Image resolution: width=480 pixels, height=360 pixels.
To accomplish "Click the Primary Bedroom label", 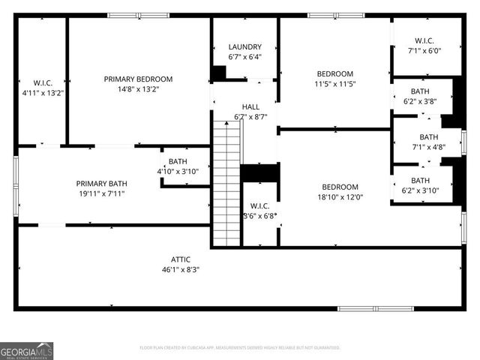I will click(x=138, y=79).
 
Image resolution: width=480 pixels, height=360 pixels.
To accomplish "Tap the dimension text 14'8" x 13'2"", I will click(x=138, y=88).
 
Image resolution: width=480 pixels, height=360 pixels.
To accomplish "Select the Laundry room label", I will click(x=244, y=47).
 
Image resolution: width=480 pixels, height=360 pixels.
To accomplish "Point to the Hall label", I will click(x=250, y=107).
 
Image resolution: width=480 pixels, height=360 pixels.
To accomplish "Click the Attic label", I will click(x=181, y=259).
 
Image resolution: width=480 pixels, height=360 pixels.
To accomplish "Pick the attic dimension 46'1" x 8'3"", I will click(x=181, y=269).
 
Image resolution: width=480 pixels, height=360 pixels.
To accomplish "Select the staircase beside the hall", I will click(x=226, y=184).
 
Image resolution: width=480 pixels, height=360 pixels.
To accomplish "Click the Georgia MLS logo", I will click(x=27, y=350).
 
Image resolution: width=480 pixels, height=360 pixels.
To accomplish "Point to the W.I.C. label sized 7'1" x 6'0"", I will click(x=424, y=41).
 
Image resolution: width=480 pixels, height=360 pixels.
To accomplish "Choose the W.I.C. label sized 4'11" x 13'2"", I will click(x=41, y=83).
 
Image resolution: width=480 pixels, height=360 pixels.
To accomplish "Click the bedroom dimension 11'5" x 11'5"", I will click(x=335, y=83).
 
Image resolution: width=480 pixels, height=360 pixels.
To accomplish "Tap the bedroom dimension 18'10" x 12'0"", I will click(x=340, y=197).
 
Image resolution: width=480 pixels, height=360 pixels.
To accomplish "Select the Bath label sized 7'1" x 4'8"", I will click(x=428, y=137).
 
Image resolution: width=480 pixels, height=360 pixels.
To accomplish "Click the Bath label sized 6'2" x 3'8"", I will click(x=420, y=91).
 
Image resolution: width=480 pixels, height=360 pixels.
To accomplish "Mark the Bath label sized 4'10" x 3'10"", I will click(x=178, y=161).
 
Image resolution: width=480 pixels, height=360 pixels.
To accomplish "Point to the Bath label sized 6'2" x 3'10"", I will click(x=420, y=180).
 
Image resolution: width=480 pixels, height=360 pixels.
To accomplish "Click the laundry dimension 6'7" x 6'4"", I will click(x=244, y=57).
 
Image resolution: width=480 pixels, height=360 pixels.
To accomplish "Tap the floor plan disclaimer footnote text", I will click(x=240, y=348).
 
